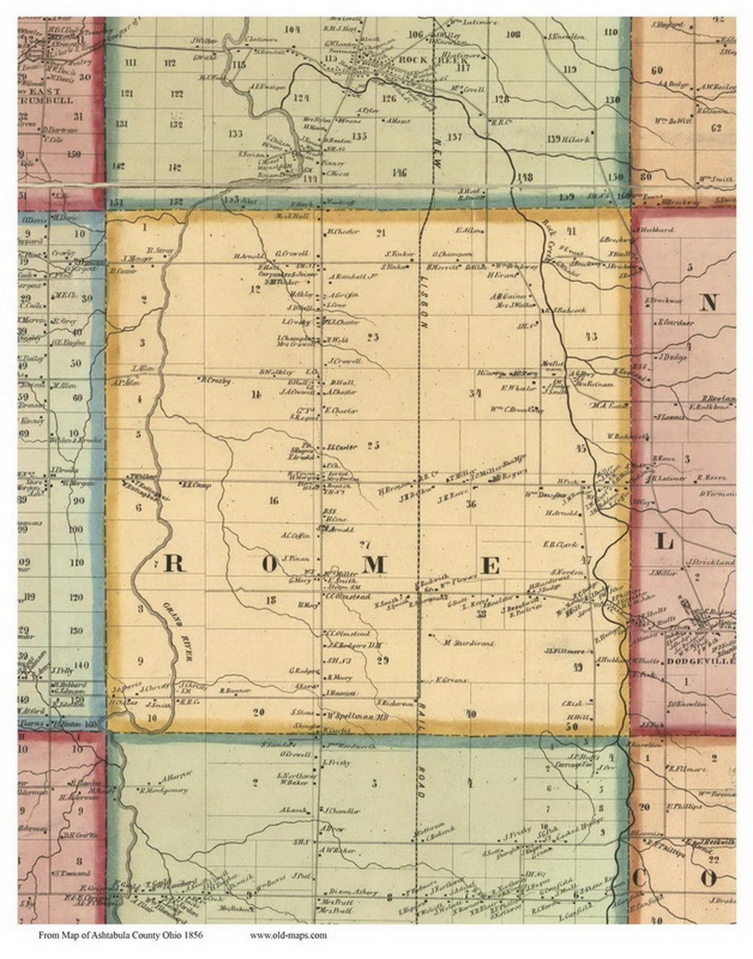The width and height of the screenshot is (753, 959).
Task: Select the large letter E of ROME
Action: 490,566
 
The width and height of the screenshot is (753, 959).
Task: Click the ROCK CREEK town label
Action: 422,60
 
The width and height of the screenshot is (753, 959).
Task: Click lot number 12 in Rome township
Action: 255,289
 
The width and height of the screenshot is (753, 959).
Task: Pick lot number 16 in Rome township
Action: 273,500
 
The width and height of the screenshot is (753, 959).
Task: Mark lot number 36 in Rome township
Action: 471,504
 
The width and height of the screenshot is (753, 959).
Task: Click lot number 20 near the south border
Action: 259,712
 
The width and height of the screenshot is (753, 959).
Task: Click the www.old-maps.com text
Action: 287,935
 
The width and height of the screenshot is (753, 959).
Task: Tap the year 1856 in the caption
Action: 192,935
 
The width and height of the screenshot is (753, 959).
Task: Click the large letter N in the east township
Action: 708,302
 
